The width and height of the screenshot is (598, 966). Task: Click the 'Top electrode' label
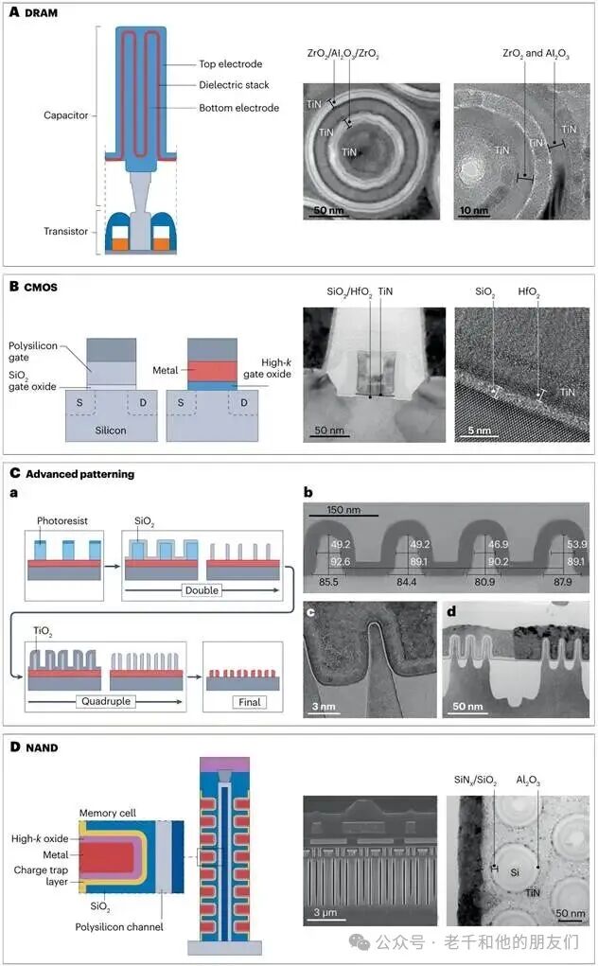pyautogui.click(x=230, y=64)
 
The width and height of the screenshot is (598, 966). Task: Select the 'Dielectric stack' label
pyautogui.click(x=234, y=85)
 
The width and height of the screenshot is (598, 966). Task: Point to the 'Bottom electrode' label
pyautogui.click(x=239, y=108)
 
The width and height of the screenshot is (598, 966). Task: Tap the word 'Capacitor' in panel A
pyautogui.click(x=66, y=115)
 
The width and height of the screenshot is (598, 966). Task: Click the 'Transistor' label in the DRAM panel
pyautogui.click(x=66, y=231)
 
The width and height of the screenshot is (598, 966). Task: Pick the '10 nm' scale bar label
pyautogui.click(x=474, y=210)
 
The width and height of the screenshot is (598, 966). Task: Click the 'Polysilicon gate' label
pyautogui.click(x=32, y=351)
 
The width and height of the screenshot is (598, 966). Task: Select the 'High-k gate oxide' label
pyautogui.click(x=267, y=368)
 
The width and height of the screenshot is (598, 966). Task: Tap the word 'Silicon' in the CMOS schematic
pyautogui.click(x=111, y=430)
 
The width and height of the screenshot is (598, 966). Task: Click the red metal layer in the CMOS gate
pyautogui.click(x=212, y=371)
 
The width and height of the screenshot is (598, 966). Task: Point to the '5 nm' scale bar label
pyautogui.click(x=480, y=430)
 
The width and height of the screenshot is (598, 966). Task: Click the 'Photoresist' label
pyautogui.click(x=62, y=520)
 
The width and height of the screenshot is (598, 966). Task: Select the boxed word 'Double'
pyautogui.click(x=202, y=590)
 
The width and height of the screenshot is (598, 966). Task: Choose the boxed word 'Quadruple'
pyautogui.click(x=106, y=701)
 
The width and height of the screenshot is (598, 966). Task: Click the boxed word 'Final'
pyautogui.click(x=250, y=702)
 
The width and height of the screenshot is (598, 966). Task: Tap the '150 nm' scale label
pyautogui.click(x=343, y=509)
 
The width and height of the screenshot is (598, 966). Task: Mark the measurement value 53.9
pyautogui.click(x=577, y=545)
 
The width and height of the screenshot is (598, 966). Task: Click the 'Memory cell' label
pyautogui.click(x=108, y=813)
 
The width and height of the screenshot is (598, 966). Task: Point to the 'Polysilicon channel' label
pyautogui.click(x=119, y=926)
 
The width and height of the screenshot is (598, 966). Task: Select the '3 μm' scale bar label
pyautogui.click(x=325, y=912)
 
